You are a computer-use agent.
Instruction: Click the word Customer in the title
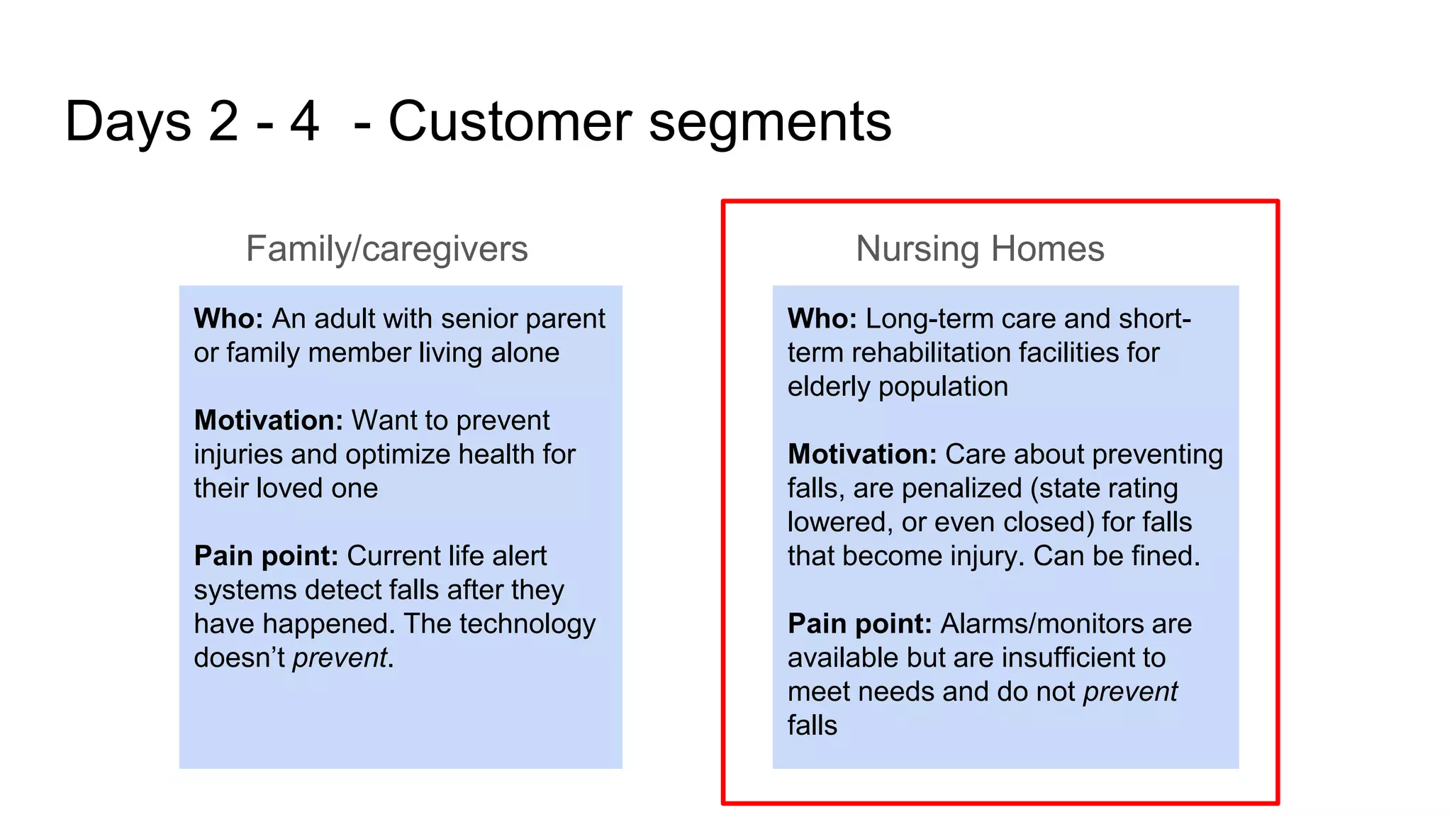click(509, 122)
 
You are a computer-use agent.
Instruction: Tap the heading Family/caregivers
click(386, 249)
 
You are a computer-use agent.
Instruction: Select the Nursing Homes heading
click(979, 249)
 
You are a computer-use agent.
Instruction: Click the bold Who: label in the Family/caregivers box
click(228, 319)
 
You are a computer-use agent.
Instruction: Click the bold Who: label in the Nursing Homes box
click(822, 319)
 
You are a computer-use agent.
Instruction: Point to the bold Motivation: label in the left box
click(268, 421)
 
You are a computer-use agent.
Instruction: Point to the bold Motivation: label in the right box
click(861, 455)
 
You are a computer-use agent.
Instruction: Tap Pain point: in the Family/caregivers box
click(266, 556)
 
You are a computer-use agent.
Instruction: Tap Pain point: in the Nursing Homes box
click(859, 624)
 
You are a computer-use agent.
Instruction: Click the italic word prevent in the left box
click(340, 658)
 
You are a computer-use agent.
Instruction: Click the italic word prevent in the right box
click(1130, 691)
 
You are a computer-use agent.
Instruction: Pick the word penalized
click(961, 489)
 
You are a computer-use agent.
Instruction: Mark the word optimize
click(397, 455)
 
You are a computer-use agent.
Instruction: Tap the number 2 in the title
click(223, 122)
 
